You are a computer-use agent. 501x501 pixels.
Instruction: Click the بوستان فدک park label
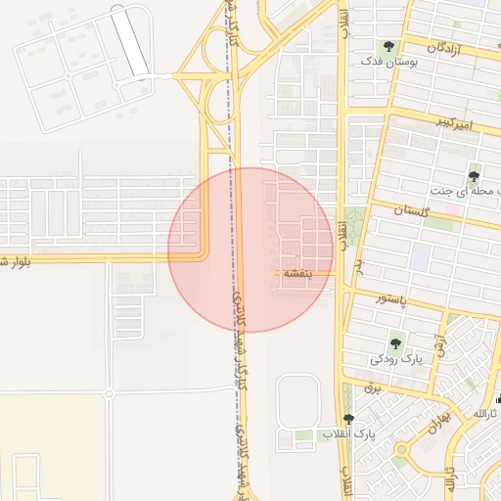[x=389, y=61]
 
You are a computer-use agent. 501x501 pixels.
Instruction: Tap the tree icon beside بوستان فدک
[x=389, y=46]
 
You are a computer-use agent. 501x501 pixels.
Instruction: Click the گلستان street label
[x=413, y=210]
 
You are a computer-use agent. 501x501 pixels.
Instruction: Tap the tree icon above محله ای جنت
[x=475, y=176]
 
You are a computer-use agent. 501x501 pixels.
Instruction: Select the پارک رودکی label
[x=395, y=359]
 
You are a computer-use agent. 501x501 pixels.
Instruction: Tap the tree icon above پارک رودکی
[x=396, y=343]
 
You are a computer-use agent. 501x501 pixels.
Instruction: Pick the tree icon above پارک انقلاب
[x=348, y=419]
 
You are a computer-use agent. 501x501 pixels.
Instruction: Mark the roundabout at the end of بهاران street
[x=401, y=450]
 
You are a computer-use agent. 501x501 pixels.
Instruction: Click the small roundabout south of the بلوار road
[x=109, y=393]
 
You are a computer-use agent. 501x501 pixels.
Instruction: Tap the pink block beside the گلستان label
[x=453, y=209]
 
